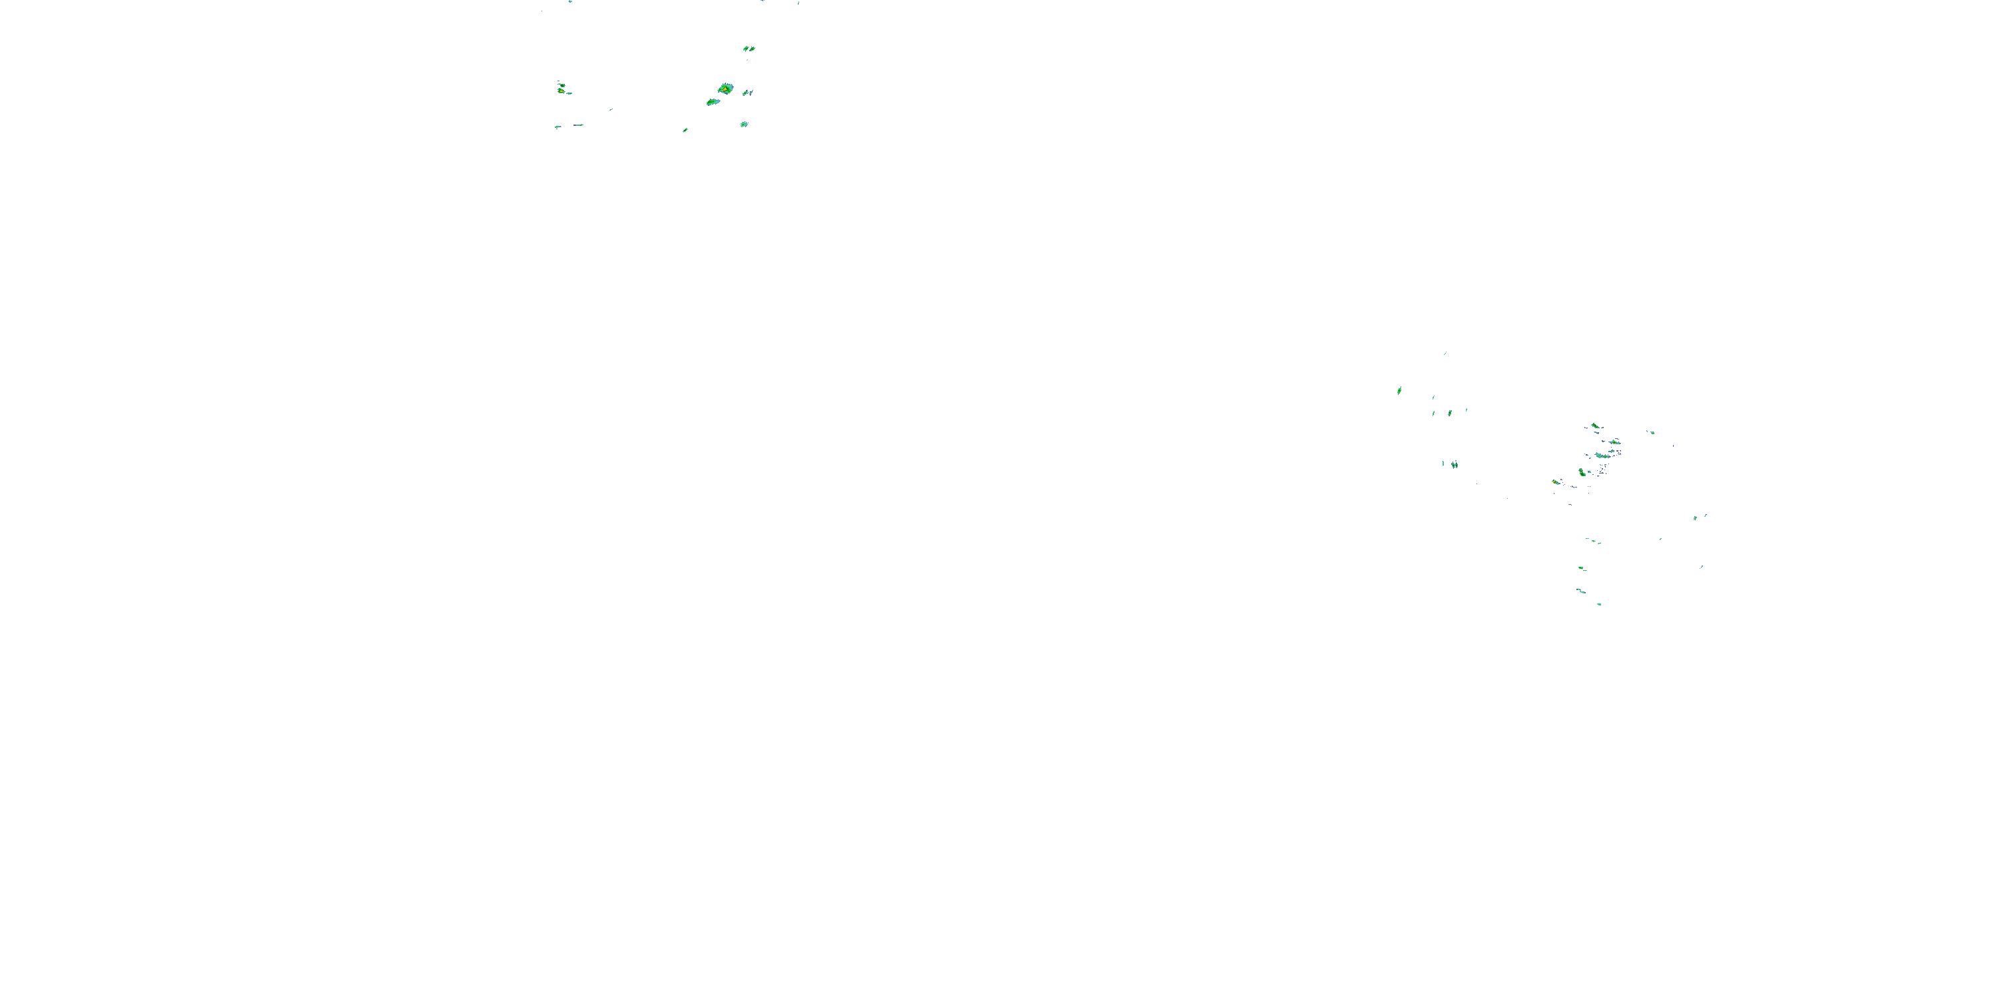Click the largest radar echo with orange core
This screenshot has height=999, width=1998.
click(725, 89)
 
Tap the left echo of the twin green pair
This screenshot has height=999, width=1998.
click(746, 49)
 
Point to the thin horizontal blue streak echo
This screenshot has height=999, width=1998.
click(578, 125)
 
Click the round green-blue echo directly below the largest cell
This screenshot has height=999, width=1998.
click(744, 124)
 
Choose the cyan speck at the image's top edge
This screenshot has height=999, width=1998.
click(570, 1)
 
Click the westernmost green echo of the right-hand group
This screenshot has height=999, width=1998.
click(1399, 391)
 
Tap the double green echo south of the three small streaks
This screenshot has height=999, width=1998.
click(1453, 465)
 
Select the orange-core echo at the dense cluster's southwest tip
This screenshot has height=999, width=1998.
click(1556, 482)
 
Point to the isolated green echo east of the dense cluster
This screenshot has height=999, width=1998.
click(1650, 432)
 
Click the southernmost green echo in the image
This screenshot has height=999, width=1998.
click(1599, 603)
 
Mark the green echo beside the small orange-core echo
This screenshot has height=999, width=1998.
click(1582, 472)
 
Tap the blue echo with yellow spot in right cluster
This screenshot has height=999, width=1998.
click(1615, 443)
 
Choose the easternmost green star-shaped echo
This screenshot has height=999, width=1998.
click(1696, 517)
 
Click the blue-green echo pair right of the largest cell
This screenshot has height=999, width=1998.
click(748, 93)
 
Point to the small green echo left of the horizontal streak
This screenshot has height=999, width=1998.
click(557, 127)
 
